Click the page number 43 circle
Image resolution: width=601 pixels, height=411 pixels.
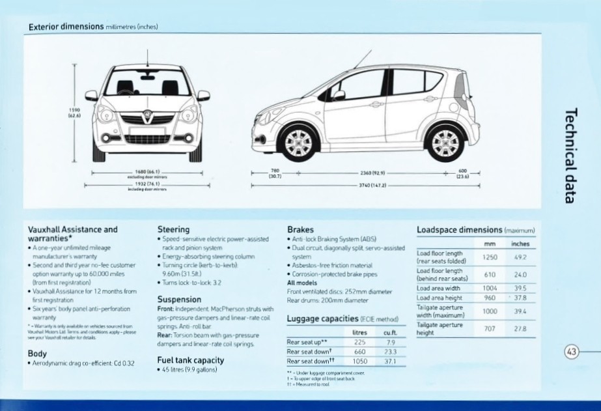pyautogui.click(x=572, y=352)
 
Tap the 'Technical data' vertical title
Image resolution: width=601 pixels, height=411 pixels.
pyautogui.click(x=571, y=155)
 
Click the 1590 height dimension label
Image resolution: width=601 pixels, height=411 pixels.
pyautogui.click(x=74, y=113)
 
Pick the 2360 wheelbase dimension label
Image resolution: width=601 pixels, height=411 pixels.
pyautogui.click(x=372, y=174)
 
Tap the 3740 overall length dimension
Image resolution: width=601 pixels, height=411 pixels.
pyautogui.click(x=372, y=186)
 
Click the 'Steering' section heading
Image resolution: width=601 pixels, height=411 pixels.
pyautogui.click(x=174, y=229)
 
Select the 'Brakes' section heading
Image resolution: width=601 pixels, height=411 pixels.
pyautogui.click(x=300, y=229)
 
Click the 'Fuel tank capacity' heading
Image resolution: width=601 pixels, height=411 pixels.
pyautogui.click(x=191, y=360)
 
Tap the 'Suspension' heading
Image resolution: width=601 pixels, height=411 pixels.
pyautogui.click(x=179, y=300)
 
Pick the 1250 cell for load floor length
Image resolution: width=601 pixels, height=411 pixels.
pyautogui.click(x=490, y=257)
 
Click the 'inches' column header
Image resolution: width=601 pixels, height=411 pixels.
pyautogui.click(x=520, y=244)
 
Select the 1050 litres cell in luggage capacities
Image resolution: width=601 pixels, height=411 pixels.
pyautogui.click(x=359, y=361)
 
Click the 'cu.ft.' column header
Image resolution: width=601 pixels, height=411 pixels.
pyautogui.click(x=391, y=332)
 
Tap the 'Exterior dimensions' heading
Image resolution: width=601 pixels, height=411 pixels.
pyautogui.click(x=66, y=27)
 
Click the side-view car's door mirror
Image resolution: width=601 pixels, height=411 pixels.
pyautogui.click(x=338, y=95)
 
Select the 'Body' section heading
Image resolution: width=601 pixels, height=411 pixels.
pyautogui.click(x=37, y=353)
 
